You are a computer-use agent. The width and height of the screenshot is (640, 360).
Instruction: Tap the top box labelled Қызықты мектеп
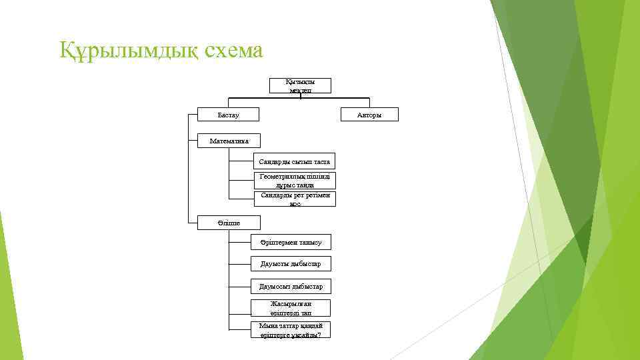click(x=300, y=85)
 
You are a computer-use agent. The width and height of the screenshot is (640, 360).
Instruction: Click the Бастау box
click(x=229, y=115)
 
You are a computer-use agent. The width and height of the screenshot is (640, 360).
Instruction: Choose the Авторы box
click(x=369, y=115)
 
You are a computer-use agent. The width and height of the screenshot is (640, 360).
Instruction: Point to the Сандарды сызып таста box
click(x=295, y=162)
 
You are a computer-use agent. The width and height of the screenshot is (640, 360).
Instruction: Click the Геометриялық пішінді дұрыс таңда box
click(x=295, y=181)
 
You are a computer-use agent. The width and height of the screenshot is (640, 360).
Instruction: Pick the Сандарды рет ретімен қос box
click(x=295, y=199)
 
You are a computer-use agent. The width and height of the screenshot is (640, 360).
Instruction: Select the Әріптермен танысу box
click(x=291, y=243)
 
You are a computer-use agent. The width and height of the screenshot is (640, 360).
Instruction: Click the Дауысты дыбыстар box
click(x=291, y=264)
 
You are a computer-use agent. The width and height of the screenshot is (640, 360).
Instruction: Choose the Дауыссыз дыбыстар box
click(x=291, y=287)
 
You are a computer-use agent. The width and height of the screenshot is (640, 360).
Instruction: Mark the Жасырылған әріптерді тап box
click(x=291, y=308)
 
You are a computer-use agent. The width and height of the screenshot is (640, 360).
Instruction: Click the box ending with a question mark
click(x=291, y=330)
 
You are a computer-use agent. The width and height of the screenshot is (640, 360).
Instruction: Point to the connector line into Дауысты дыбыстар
click(x=240, y=264)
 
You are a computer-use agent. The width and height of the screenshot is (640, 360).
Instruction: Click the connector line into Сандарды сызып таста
click(x=241, y=162)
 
